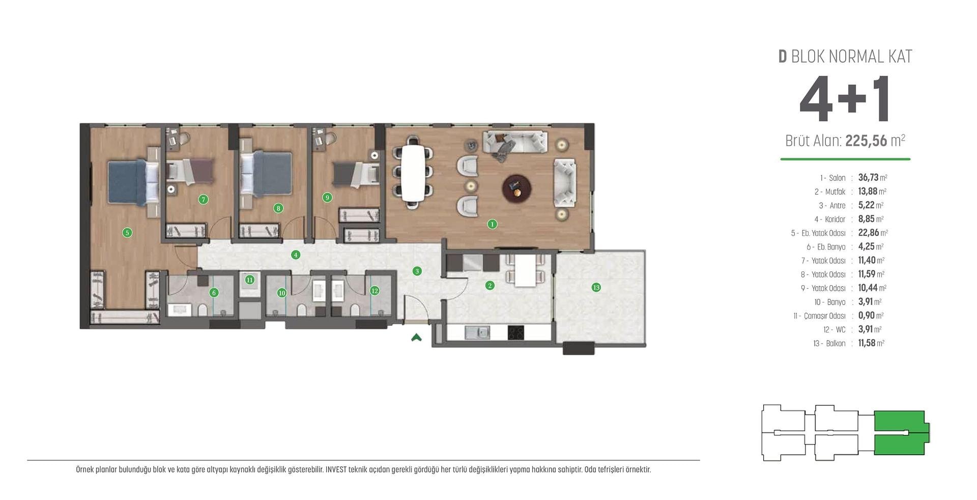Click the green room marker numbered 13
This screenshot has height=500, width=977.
[x=596, y=287]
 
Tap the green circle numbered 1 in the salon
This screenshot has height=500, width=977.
[x=492, y=224]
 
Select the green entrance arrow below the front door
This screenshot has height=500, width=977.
[x=416, y=337]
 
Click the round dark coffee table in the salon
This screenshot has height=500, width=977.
[x=517, y=188]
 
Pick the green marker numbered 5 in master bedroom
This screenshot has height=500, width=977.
[x=127, y=233]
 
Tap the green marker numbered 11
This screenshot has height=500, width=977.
[x=249, y=280]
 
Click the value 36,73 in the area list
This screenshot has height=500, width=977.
[x=868, y=177]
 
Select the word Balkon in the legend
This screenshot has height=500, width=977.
[x=836, y=344]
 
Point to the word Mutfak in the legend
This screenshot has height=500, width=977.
[x=835, y=192]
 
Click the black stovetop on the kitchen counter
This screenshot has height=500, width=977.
[x=515, y=332]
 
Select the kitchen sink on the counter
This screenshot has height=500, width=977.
[x=477, y=332]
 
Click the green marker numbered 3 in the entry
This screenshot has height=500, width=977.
[x=417, y=271]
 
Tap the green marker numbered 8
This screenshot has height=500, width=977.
[x=278, y=208]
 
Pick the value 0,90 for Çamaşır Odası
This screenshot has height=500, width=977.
[x=867, y=315]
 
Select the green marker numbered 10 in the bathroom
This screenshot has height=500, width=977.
[x=282, y=293]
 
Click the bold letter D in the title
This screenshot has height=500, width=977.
[x=783, y=57]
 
